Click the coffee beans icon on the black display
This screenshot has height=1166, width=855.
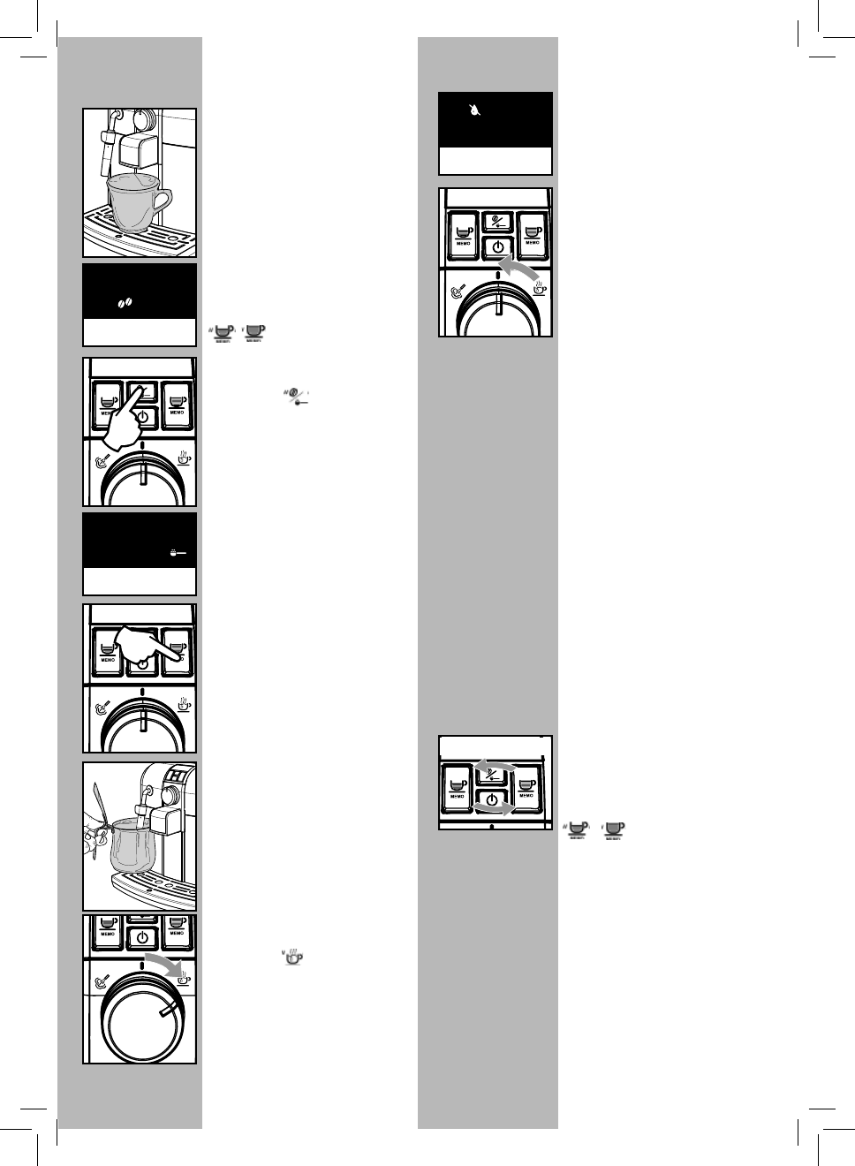coord(125,303)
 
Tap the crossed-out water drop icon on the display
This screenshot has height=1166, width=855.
coord(476,111)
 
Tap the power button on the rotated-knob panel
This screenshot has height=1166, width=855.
coord(141,937)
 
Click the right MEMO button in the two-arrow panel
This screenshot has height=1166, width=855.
coord(528,785)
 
